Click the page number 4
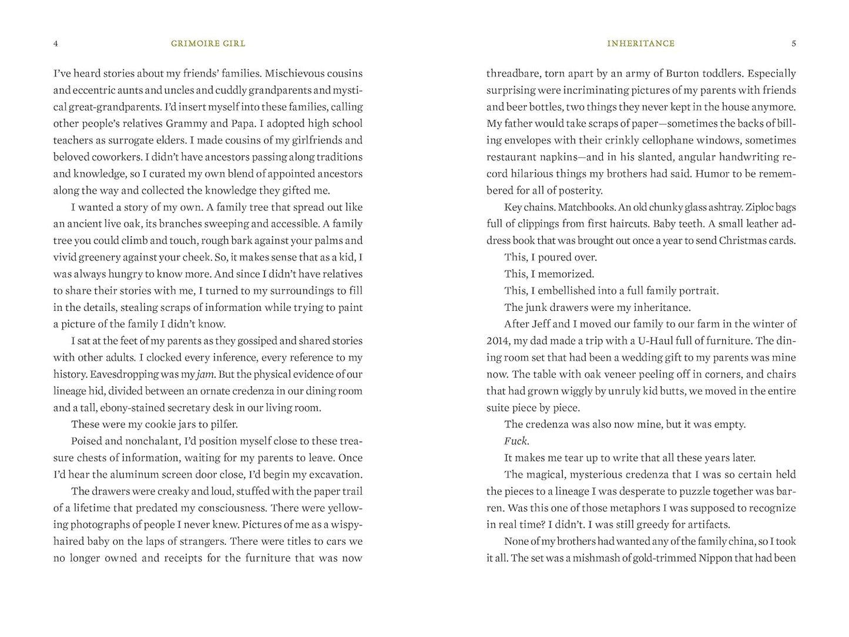tap(55, 43)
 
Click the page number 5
tap(794, 43)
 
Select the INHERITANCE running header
tap(640, 43)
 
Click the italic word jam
tap(205, 374)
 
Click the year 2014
tap(498, 341)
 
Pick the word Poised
tap(86, 441)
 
